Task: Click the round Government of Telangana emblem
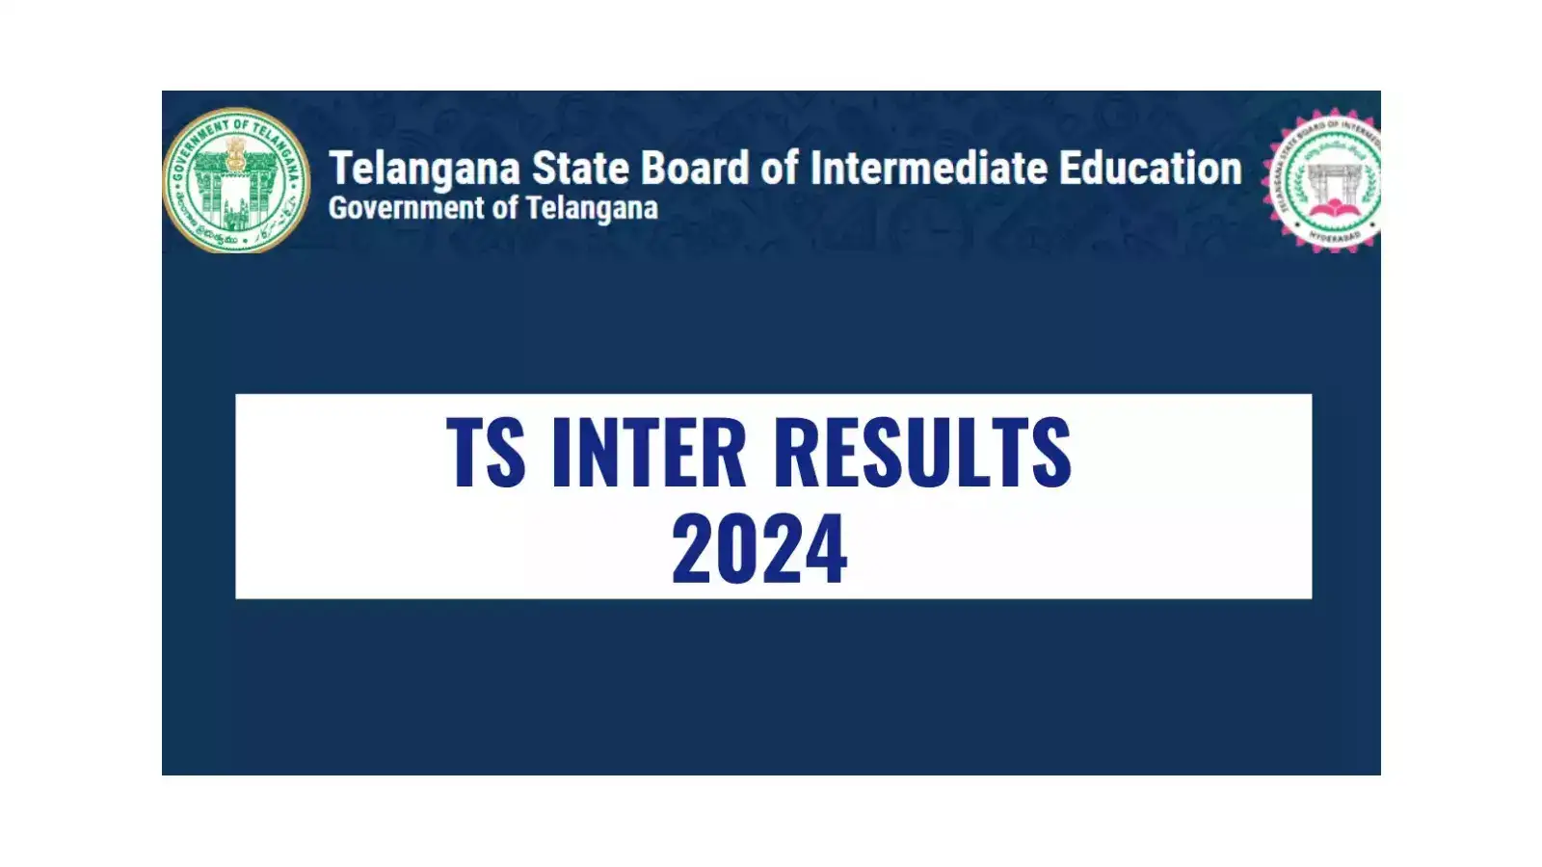[236, 180]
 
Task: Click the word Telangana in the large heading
[424, 169]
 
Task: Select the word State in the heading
[581, 169]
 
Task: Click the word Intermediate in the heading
[928, 169]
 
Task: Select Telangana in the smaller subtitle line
[592, 209]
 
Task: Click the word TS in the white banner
[486, 452]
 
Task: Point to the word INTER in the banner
[649, 452]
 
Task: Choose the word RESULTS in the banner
[922, 452]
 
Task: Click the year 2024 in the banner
[758, 548]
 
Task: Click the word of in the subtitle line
[505, 209]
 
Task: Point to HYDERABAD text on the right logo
[1334, 235]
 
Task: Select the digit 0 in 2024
[736, 548]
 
